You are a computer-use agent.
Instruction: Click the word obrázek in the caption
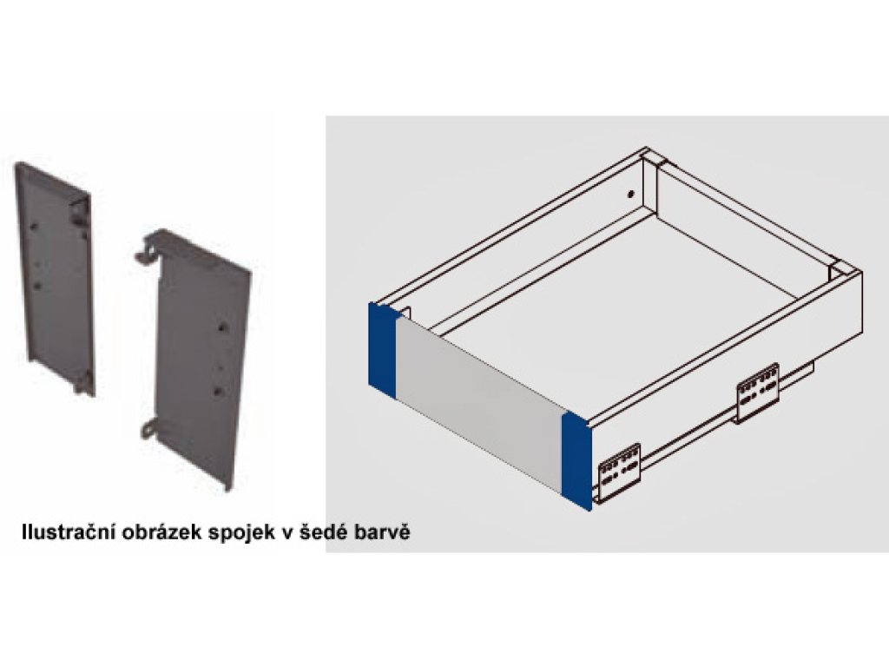coord(160,532)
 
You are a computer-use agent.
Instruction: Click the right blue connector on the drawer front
coord(576,461)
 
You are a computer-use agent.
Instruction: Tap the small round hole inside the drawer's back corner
coord(629,194)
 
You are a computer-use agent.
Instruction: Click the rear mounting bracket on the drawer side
coord(757,392)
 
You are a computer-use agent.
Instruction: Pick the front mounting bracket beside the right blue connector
coord(619,472)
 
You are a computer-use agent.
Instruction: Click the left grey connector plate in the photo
coord(55,278)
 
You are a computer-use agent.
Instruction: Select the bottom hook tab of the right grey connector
coord(151,428)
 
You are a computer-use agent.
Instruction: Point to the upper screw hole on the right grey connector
coord(223,327)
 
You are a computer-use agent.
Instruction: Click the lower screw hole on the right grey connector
coord(218,391)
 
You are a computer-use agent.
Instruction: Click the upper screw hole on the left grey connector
coord(34,227)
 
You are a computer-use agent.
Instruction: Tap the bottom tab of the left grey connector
coord(82,383)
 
